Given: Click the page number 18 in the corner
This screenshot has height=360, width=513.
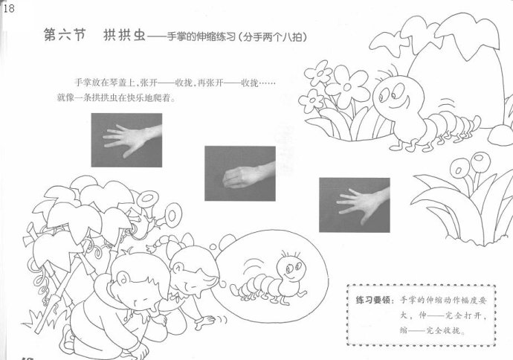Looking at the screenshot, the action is click(x=9, y=8).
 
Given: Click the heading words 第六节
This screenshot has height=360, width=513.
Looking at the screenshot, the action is click(x=65, y=34).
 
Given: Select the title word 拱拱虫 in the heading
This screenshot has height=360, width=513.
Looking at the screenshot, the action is click(x=124, y=34).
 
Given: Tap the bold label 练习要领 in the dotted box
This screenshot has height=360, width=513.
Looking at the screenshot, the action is click(x=373, y=300).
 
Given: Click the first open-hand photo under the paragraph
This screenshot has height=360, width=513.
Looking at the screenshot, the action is click(x=126, y=140).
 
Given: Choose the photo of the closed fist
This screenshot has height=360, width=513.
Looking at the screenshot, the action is click(x=240, y=173).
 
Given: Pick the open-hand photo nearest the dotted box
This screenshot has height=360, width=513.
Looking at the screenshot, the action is click(x=355, y=205).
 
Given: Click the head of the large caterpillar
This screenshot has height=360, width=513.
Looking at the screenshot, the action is click(x=399, y=97).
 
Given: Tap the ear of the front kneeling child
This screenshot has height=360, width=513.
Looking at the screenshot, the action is click(x=123, y=278).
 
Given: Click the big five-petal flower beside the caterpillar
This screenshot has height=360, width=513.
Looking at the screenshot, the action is click(x=347, y=86).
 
